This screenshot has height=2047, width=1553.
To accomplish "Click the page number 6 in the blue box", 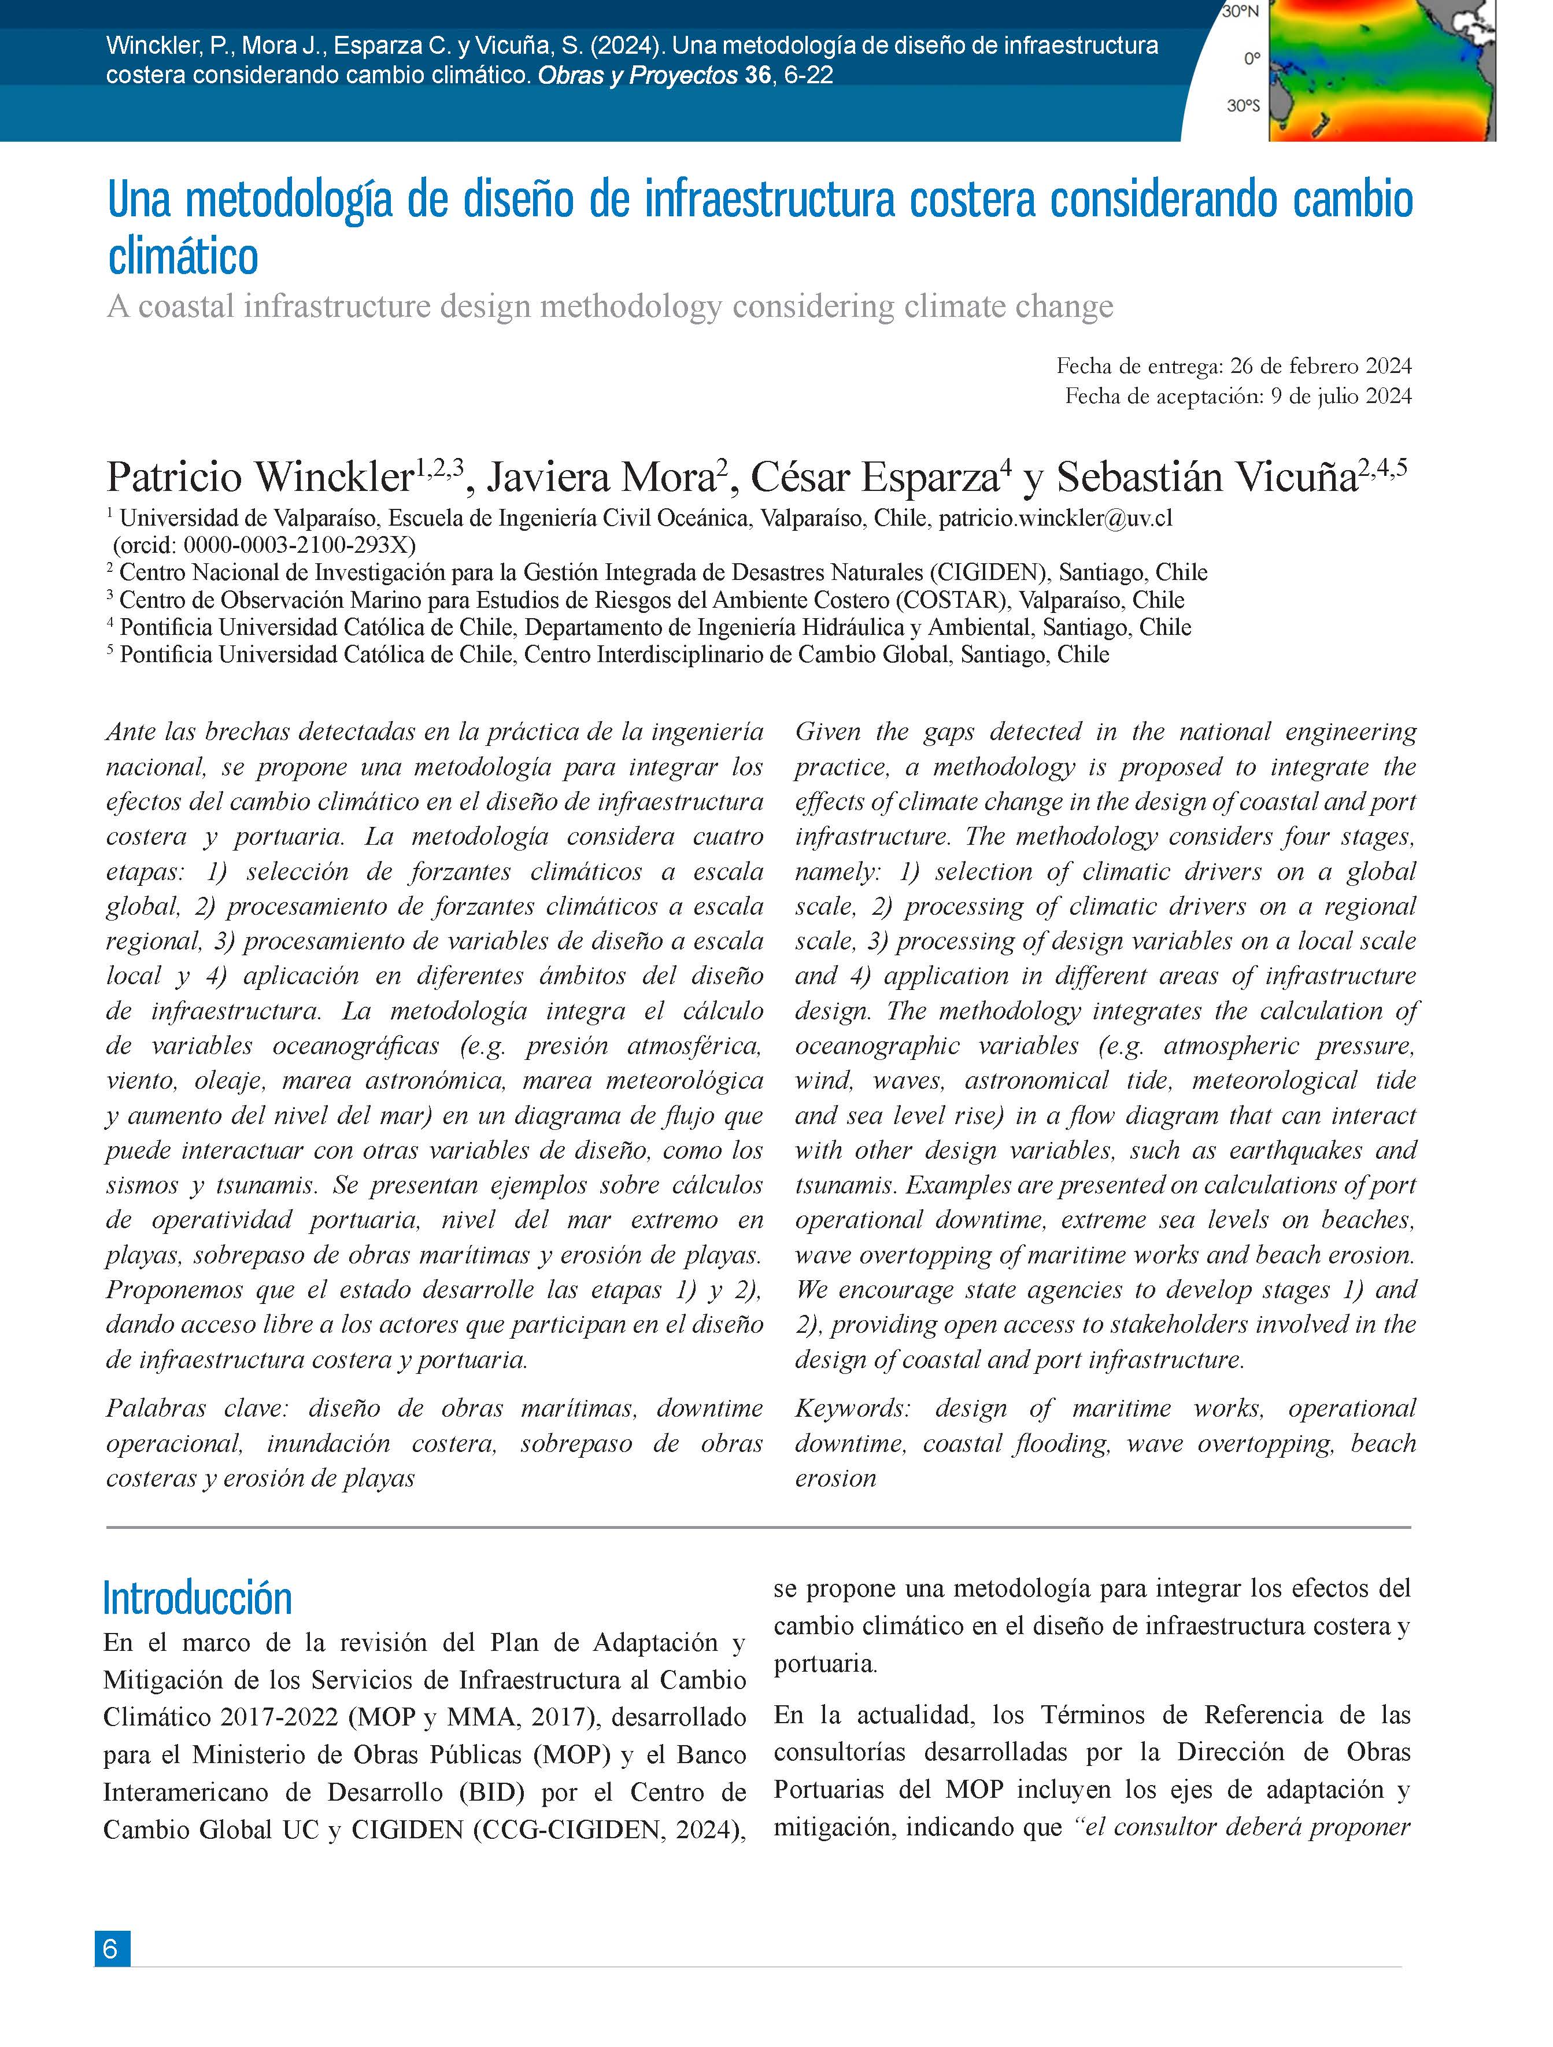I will click(111, 1948).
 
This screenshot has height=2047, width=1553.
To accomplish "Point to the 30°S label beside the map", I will click(1243, 106).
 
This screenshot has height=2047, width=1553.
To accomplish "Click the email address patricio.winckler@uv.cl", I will click(1055, 518).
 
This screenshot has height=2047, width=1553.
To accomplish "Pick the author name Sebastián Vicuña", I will click(1206, 478).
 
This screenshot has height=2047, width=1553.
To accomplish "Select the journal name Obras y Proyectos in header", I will click(638, 76).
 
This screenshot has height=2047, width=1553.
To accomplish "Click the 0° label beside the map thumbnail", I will click(1251, 59).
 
